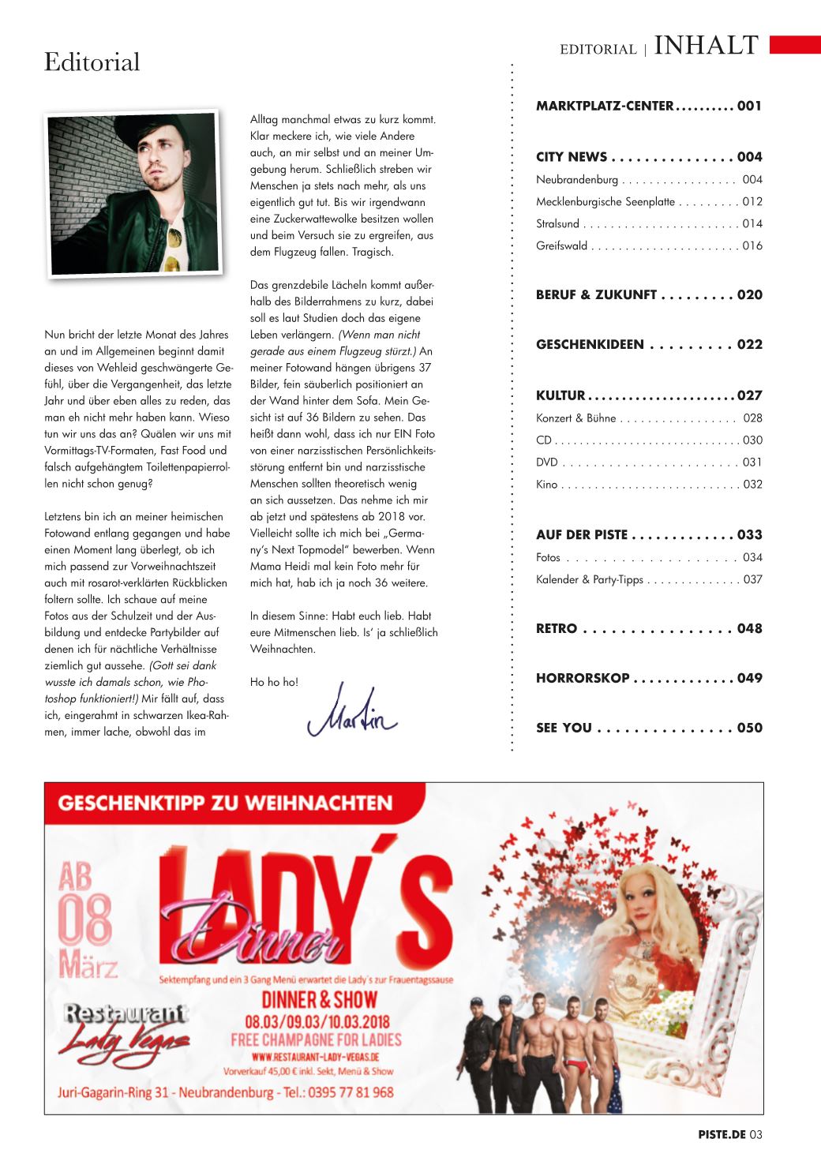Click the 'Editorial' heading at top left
coord(92,62)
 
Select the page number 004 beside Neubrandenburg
coord(752,180)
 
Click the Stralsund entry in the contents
coord(557,224)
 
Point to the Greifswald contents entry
coord(561,246)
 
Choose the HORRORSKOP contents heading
coord(583,678)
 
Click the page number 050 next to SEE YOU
coord(749,728)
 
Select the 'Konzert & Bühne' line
coord(575,418)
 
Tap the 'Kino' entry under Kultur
coord(546,485)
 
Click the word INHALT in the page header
coord(707,46)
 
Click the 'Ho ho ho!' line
coord(274,682)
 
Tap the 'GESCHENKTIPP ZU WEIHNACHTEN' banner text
coord(225,803)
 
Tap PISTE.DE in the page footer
coord(722,1135)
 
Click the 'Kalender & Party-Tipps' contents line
coord(589,580)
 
